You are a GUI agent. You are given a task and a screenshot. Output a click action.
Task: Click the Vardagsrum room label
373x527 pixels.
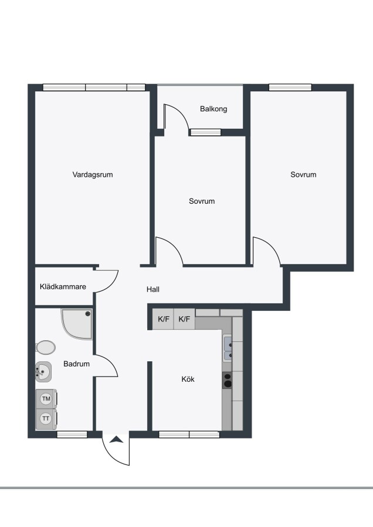(93, 174)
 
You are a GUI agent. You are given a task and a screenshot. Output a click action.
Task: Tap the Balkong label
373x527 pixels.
(213, 109)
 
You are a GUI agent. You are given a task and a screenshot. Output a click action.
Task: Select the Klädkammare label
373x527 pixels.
(63, 287)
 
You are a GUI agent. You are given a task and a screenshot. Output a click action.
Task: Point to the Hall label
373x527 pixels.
(153, 289)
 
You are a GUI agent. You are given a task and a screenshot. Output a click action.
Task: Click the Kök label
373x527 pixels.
(188, 379)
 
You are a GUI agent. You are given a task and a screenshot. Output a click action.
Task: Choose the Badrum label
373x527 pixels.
(76, 364)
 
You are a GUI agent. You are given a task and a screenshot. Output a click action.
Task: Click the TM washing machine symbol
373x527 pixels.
(46, 399)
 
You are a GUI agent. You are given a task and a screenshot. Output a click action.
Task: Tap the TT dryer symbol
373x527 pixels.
(46, 419)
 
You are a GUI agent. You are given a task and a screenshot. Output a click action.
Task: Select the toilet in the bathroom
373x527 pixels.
(45, 347)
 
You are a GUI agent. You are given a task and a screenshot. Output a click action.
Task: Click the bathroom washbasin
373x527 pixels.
(43, 372)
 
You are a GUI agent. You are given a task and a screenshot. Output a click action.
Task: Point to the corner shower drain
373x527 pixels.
(88, 314)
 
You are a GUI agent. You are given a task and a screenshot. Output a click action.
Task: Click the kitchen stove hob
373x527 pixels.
(227, 380)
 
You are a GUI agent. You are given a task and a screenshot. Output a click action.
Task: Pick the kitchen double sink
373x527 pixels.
(228, 348)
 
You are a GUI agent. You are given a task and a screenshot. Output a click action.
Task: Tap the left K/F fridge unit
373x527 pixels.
(164, 319)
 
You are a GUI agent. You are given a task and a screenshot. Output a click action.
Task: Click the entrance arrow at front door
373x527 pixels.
(116, 439)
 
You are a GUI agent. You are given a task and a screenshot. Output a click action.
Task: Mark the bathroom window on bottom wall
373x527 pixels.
(72, 434)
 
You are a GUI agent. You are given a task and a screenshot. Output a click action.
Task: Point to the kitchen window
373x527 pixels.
(189, 434)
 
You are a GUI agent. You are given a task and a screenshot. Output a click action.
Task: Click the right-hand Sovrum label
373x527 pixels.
(303, 174)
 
